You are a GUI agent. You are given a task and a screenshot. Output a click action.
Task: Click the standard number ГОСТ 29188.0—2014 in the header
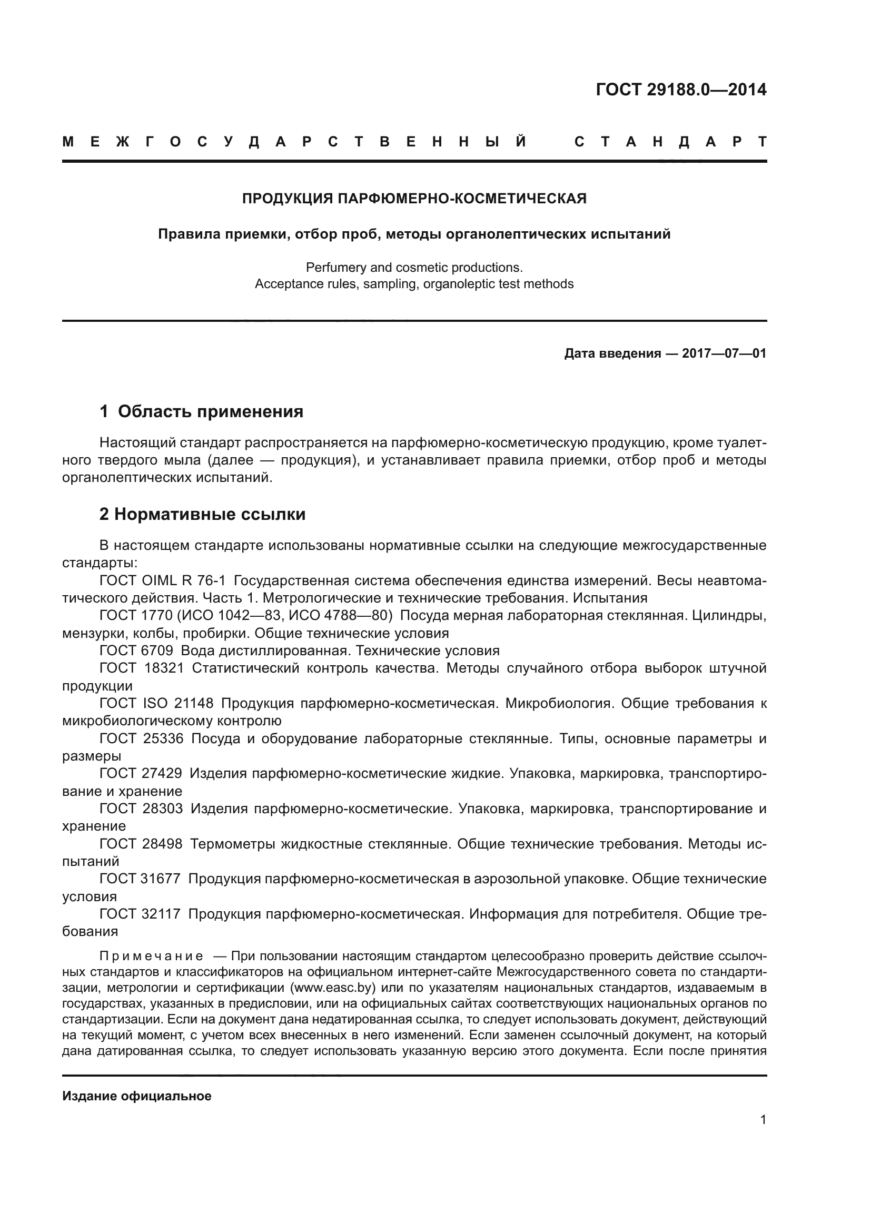[680, 90]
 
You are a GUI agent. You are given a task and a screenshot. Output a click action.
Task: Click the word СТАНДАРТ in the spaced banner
[670, 142]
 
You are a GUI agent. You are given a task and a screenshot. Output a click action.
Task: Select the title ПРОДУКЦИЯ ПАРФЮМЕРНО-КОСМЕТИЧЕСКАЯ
[414, 199]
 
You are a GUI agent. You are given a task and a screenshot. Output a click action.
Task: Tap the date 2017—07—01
[724, 353]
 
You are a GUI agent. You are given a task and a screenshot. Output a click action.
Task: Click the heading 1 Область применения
[201, 411]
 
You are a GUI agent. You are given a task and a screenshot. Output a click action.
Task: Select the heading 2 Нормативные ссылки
[202, 514]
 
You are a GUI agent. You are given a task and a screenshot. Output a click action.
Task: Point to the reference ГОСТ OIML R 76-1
[163, 580]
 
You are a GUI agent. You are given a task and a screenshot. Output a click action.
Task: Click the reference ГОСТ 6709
[136, 651]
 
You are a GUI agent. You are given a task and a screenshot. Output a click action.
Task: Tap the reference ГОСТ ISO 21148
[156, 704]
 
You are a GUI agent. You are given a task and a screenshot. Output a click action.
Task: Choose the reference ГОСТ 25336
[141, 739]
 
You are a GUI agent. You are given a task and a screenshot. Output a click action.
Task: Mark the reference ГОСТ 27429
[141, 774]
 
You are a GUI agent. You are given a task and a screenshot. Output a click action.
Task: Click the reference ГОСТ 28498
[141, 844]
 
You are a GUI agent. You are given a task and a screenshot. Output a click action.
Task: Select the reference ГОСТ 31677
[140, 879]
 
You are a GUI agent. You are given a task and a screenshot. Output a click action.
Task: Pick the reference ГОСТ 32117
[140, 914]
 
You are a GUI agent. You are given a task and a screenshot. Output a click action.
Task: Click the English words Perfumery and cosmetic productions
[414, 267]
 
